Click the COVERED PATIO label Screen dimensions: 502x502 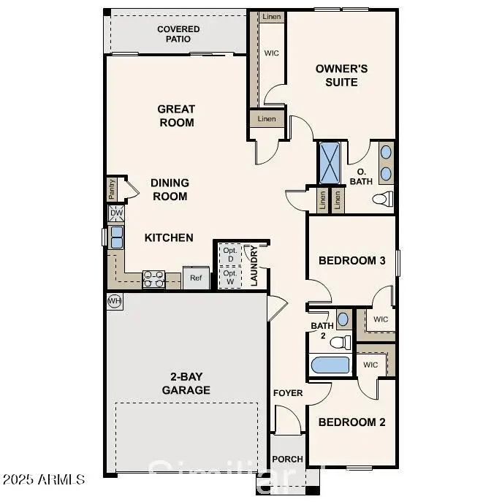pos(178,34)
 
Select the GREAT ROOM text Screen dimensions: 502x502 pos(176,115)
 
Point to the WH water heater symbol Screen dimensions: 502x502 pos(114,301)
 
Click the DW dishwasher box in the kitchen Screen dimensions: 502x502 pos(116,213)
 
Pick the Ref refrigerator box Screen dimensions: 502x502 pos(196,278)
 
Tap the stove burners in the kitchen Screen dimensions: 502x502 pos(153,278)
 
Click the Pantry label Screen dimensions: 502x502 pos(112,189)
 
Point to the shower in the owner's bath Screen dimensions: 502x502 pos(330,163)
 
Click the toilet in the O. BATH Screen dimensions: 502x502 pos(382,199)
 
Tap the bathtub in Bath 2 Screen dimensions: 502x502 pos(330,365)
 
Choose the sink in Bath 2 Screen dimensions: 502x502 pos(343,319)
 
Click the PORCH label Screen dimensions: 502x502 pos(287,460)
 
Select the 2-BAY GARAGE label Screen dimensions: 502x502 pos(186,384)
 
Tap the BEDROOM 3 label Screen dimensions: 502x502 pos(351,260)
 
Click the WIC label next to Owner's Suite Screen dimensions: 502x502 pos(272,53)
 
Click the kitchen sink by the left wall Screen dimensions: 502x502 pos(116,237)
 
